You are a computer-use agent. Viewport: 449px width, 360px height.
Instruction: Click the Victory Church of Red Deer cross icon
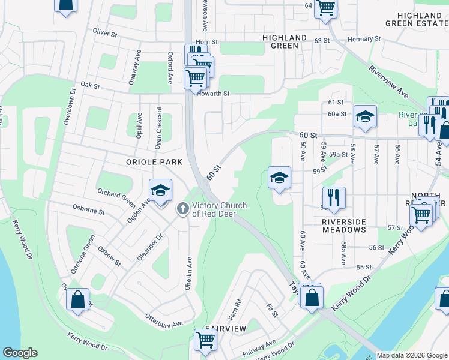click(182, 209)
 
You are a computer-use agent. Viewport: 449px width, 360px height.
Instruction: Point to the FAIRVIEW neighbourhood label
click(226, 329)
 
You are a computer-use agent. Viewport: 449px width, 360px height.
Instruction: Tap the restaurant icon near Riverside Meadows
click(334, 196)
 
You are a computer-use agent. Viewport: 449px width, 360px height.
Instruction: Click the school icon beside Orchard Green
click(160, 191)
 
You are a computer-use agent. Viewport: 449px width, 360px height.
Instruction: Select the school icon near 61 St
click(364, 116)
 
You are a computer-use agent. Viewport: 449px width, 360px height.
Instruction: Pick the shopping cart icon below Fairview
click(205, 340)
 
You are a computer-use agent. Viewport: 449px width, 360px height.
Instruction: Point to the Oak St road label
click(89, 86)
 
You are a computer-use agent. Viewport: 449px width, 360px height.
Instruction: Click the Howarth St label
click(215, 94)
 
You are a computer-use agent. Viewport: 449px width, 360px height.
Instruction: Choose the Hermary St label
click(364, 38)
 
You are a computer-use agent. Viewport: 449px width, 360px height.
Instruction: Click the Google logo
click(20, 353)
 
